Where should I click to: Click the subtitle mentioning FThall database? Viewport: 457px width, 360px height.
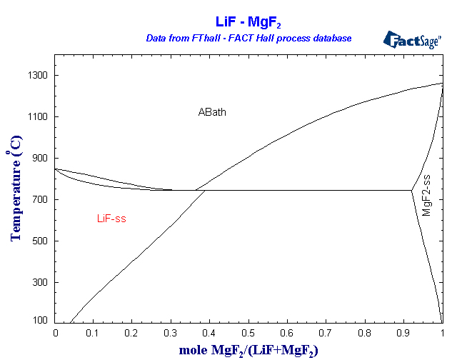tap(248, 38)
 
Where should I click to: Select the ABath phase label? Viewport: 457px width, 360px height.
tap(212, 112)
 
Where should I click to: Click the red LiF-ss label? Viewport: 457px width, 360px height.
tap(111, 219)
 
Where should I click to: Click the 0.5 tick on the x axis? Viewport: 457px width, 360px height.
tap(248, 333)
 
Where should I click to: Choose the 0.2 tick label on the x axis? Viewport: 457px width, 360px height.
tap(133, 333)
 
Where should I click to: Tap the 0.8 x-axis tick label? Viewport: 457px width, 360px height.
tap(365, 333)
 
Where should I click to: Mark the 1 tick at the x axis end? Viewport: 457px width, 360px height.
tap(442, 333)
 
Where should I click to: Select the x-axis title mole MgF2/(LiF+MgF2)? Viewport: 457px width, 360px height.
tap(248, 349)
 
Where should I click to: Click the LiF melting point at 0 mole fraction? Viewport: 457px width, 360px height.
tap(56, 169)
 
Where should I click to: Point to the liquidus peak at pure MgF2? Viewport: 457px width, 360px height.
tap(442, 84)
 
